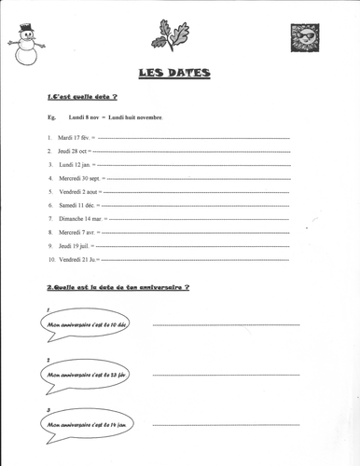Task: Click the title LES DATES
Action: pyautogui.click(x=174, y=74)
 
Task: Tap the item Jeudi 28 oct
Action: pyautogui.click(x=73, y=150)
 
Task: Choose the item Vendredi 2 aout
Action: pyautogui.click(x=77, y=191)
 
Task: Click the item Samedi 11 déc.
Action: pyautogui.click(x=75, y=204)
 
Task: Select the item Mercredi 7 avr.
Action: pyautogui.click(x=76, y=231)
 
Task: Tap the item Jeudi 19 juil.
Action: pyautogui.click(x=74, y=245)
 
